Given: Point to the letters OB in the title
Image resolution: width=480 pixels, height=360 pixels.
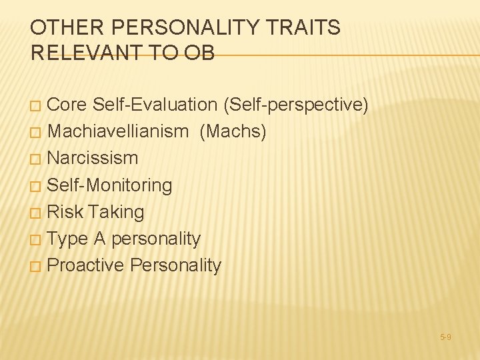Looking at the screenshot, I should (199, 53).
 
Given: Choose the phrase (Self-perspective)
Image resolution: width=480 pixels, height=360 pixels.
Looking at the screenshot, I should (296, 105).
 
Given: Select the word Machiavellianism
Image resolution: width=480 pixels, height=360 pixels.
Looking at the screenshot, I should (118, 131).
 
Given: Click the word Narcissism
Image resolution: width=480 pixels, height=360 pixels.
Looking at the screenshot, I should (93, 158).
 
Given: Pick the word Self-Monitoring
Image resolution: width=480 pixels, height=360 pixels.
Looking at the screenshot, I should (109, 185).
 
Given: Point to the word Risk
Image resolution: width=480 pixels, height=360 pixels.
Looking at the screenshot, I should (65, 212).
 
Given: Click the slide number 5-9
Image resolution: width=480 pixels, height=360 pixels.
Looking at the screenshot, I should (445, 337).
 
